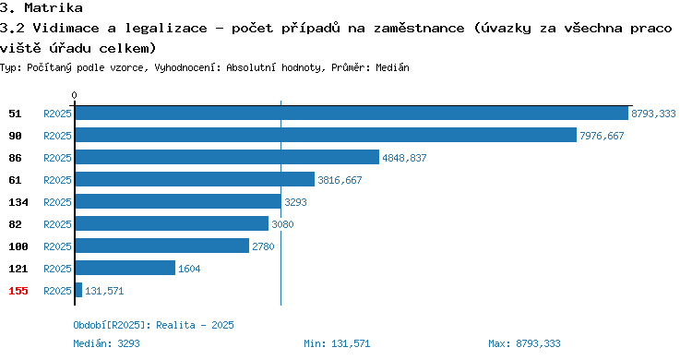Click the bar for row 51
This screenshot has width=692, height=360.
pyautogui.click(x=352, y=114)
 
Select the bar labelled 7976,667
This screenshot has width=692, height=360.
pyautogui.click(x=326, y=135)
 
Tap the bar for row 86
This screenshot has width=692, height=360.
pyautogui.click(x=227, y=157)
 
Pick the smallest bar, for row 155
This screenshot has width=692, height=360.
pyautogui.click(x=78, y=290)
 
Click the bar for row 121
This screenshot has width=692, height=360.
pyautogui.click(x=125, y=268)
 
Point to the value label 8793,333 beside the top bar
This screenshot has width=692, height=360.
pyautogui.click(x=653, y=114)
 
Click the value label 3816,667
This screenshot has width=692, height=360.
pyautogui.click(x=340, y=180)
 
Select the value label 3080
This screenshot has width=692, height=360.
pyautogui.click(x=282, y=224)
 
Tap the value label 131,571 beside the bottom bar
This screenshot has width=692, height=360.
pyautogui.click(x=104, y=291)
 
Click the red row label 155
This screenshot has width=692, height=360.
pyautogui.click(x=18, y=291)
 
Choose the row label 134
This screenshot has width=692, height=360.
pyautogui.click(x=18, y=202)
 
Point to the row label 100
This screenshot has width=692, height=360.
pyautogui.click(x=18, y=246)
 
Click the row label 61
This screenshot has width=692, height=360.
pyautogui.click(x=15, y=180)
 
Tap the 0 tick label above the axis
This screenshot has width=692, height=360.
pyautogui.click(x=74, y=95)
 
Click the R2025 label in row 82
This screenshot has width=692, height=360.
pyautogui.click(x=57, y=224)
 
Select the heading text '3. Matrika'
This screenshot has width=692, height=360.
pyautogui.click(x=41, y=7)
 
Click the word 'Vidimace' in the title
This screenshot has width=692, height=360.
pyautogui.click(x=66, y=29)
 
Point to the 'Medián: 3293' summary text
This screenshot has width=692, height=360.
pyautogui.click(x=106, y=343)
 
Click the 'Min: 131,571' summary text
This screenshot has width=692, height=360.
pyautogui.click(x=337, y=343)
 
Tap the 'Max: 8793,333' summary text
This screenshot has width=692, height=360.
pyautogui.click(x=524, y=343)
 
